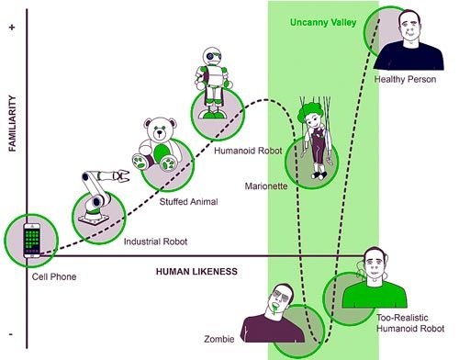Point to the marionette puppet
[313, 138]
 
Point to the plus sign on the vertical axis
[12, 28]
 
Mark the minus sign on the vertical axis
[12, 335]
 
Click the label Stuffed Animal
[189, 200]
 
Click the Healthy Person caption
[407, 80]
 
